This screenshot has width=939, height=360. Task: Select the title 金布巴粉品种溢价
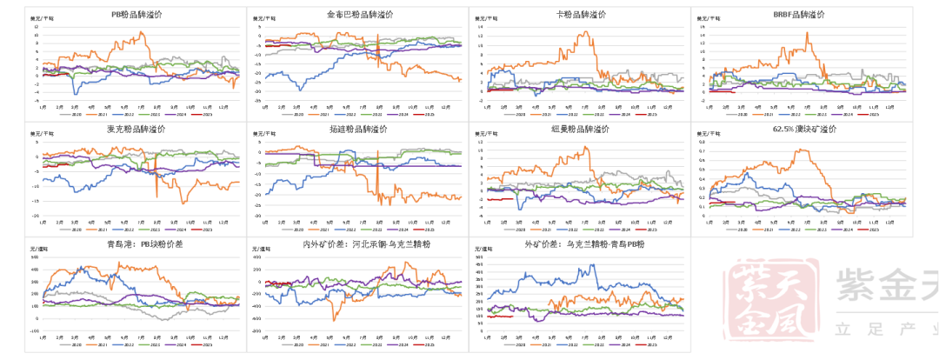tap(357, 15)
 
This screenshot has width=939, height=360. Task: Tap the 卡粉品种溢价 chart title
tap(579, 15)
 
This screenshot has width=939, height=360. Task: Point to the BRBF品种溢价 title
tap(800, 15)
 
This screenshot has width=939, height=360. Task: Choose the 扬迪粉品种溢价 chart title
tap(357, 130)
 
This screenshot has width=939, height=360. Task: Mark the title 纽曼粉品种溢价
tap(579, 130)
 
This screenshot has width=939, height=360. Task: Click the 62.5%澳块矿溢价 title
tap(800, 130)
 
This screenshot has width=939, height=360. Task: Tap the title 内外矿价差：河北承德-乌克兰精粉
tap(357, 244)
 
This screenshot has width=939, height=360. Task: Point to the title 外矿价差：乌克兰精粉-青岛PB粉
tap(579, 244)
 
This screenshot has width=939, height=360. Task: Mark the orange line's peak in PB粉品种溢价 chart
tap(141, 33)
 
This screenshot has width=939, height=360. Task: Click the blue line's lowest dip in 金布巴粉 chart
tap(300, 90)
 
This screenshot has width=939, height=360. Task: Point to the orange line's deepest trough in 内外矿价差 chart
tap(333, 320)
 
